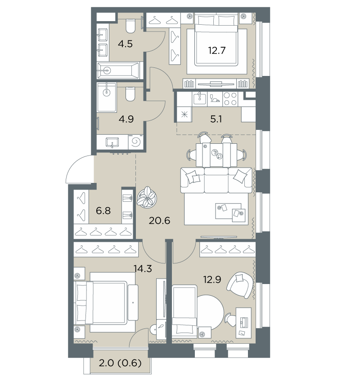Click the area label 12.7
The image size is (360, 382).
coord(216,50)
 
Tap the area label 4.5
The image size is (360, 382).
coord(125,44)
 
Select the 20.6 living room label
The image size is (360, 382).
coord(159,221)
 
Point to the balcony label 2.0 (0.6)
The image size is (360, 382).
coord(120,363)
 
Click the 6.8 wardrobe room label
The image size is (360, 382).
coord(103,210)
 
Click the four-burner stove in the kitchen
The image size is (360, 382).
coord(230,99)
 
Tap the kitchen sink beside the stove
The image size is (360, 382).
coord(199,99)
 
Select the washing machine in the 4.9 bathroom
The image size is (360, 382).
coord(135,142)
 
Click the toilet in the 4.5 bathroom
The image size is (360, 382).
coord(130,27)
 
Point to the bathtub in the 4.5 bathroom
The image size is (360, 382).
coord(118,71)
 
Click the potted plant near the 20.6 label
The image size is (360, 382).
coord(147,197)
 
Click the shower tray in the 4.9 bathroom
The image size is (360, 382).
coord(107,97)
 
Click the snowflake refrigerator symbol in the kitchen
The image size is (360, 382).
coord(184,114)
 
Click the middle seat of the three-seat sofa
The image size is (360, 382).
coord(216,180)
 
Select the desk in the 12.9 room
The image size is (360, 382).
coord(243,323)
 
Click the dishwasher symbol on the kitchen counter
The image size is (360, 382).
coord(215,99)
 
